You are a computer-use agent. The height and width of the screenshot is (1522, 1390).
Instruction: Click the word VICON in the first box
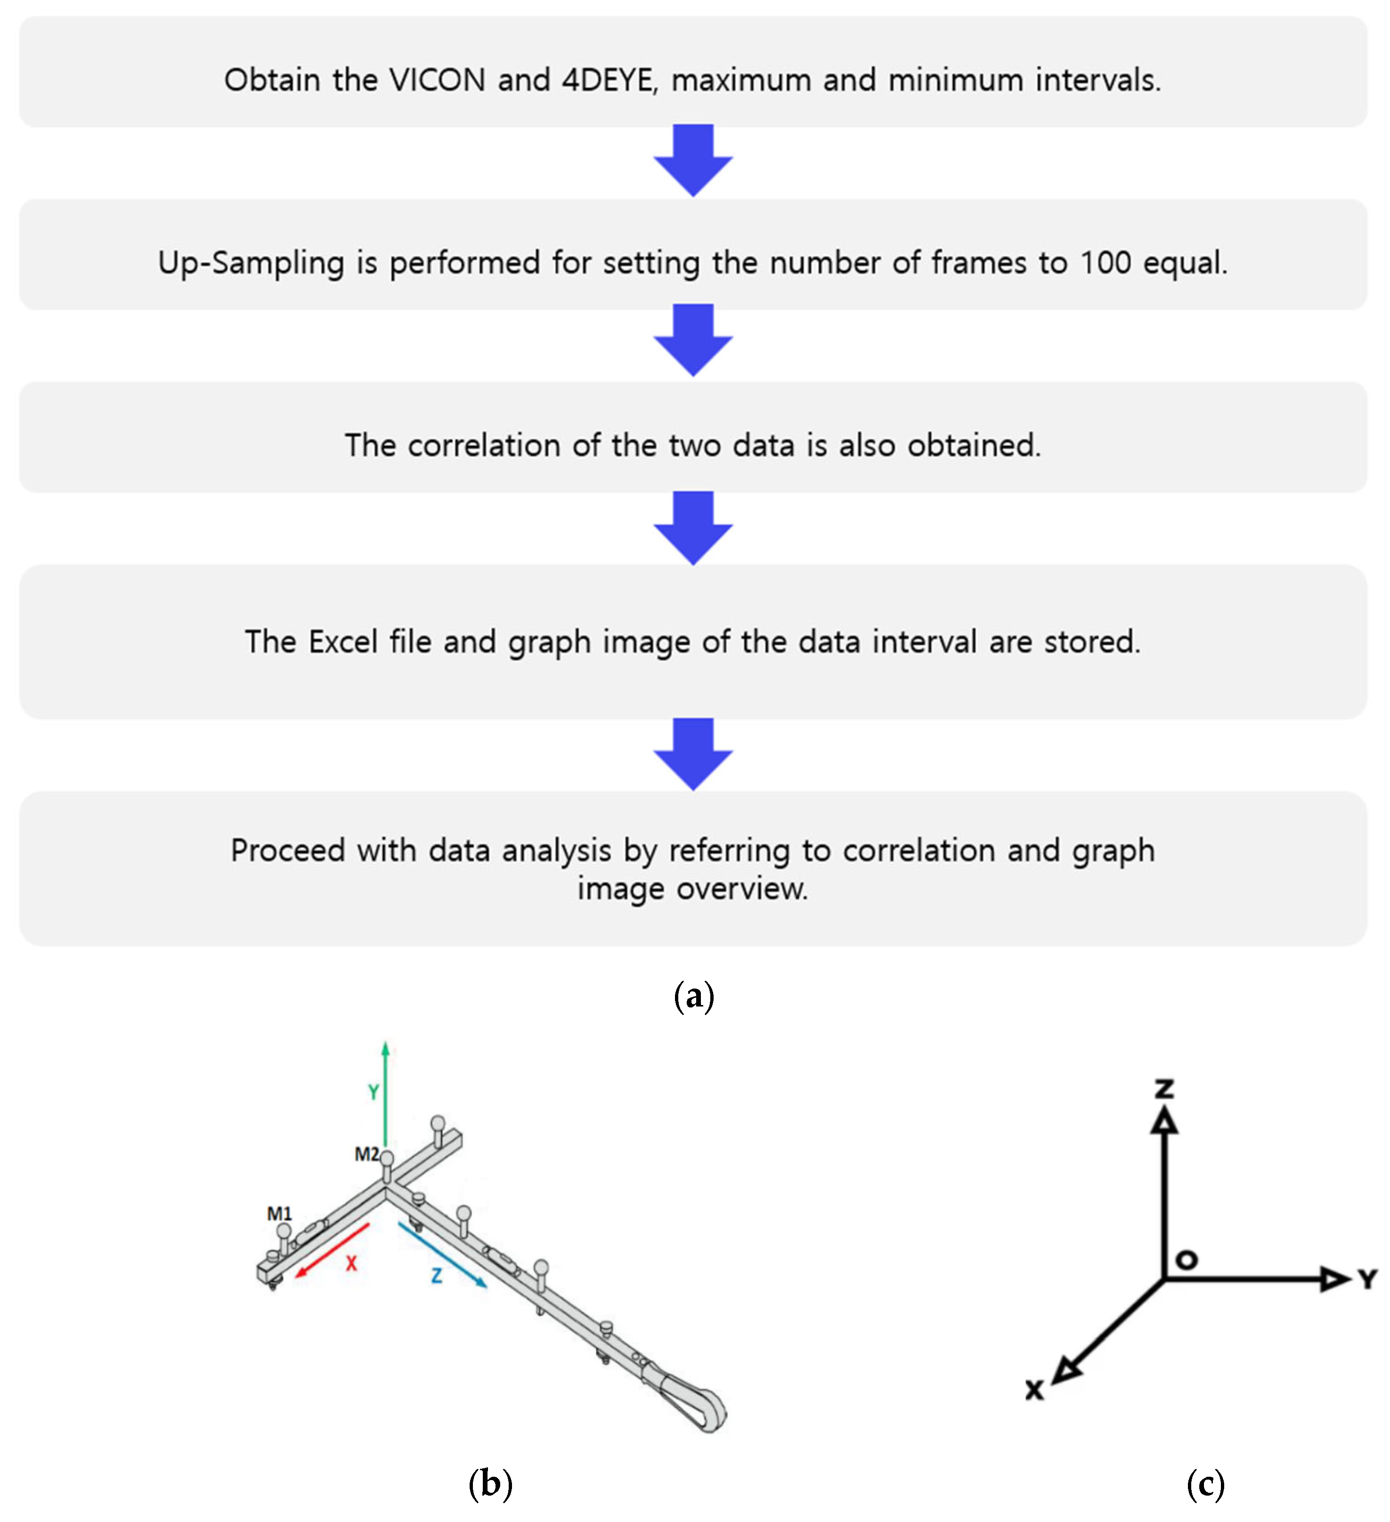[x=437, y=80]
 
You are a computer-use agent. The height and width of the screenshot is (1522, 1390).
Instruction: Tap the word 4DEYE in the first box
[x=608, y=80]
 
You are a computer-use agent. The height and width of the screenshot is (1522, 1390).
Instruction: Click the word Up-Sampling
[x=251, y=263]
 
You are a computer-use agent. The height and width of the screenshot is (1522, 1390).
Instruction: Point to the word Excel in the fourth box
[x=343, y=642]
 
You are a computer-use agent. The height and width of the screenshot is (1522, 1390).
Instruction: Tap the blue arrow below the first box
[x=693, y=161]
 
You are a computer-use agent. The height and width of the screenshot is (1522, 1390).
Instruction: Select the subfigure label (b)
[x=490, y=1483]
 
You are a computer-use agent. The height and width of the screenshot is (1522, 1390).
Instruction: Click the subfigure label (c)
[x=1205, y=1483]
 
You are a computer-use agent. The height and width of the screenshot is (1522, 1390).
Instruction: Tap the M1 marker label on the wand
[x=279, y=1214]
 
